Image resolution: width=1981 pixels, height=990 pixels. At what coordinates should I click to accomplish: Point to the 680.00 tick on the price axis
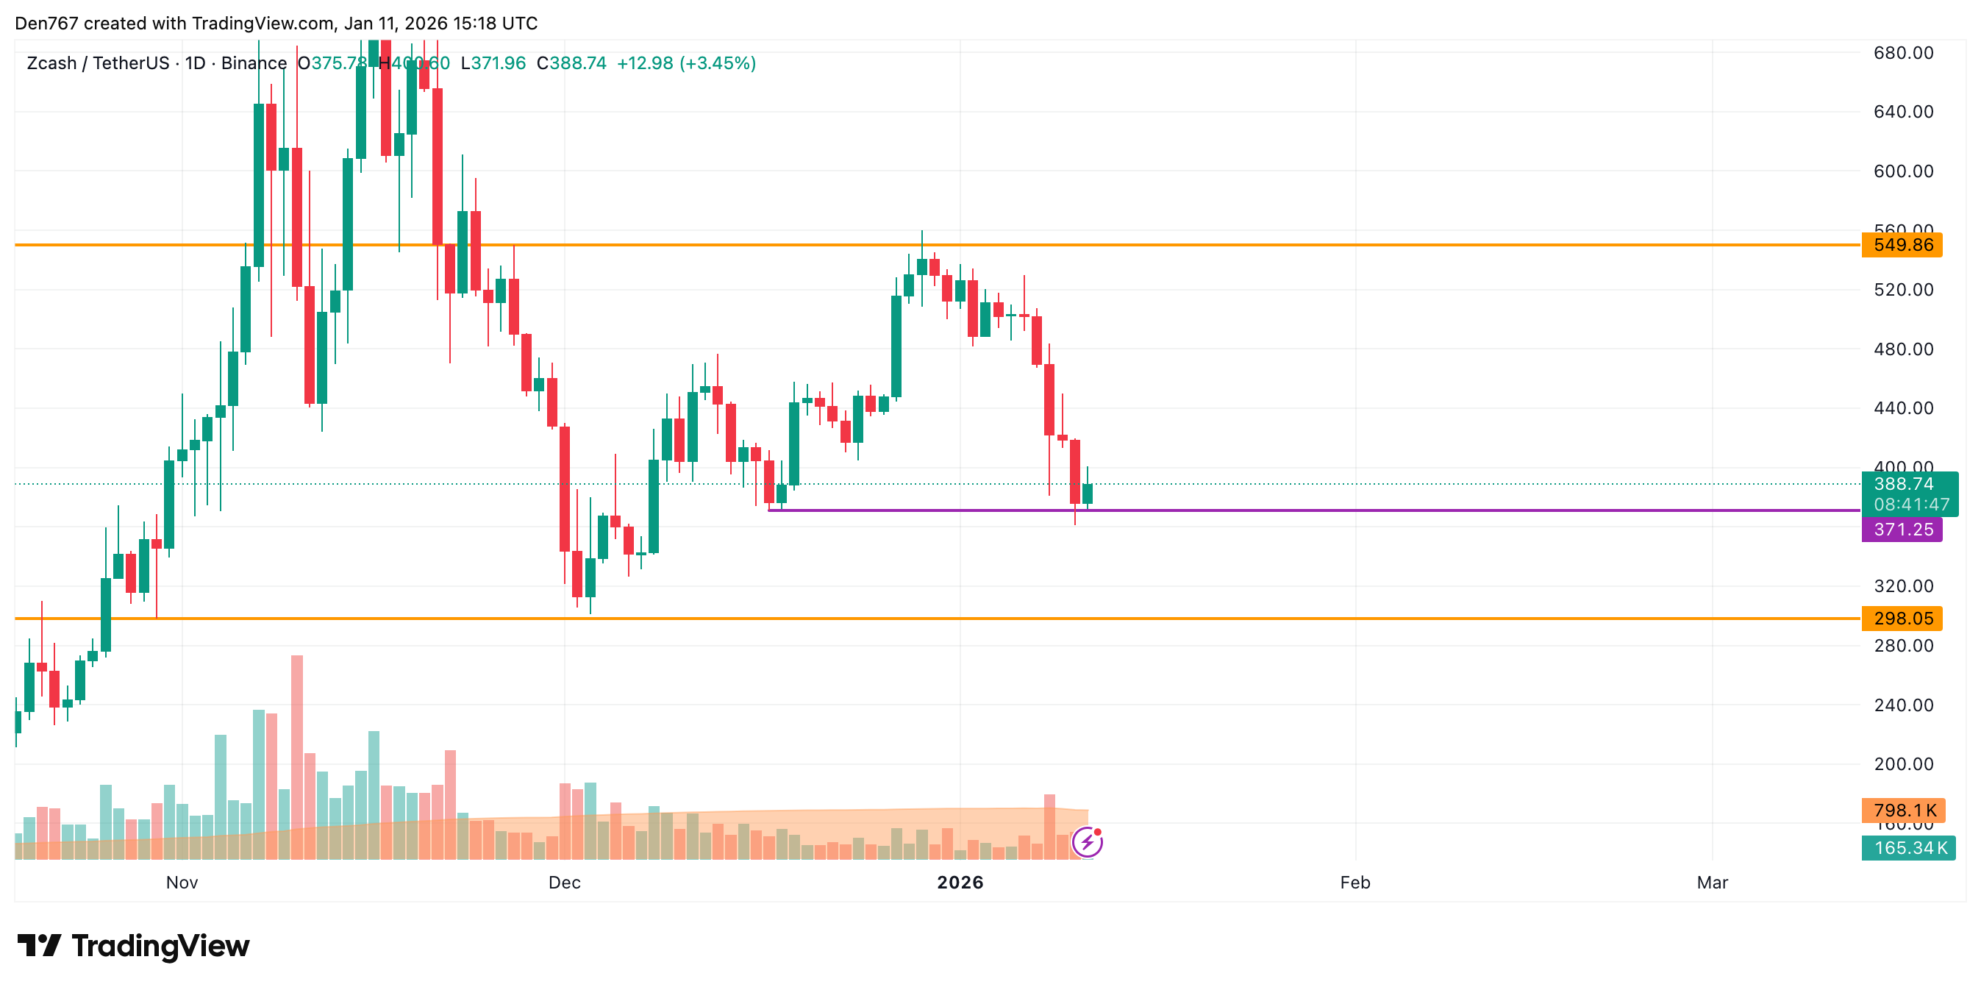(1902, 53)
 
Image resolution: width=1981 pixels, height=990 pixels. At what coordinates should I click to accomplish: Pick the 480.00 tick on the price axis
(1902, 349)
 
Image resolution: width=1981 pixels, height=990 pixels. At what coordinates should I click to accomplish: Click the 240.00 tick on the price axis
(1902, 705)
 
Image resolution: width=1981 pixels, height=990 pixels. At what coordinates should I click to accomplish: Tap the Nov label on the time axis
(182, 883)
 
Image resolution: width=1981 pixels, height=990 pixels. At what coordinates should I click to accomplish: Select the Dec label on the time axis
(565, 883)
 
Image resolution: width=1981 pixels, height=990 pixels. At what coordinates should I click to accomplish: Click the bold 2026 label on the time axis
(960, 883)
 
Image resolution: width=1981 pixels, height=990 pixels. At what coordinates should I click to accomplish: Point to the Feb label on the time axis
(1355, 883)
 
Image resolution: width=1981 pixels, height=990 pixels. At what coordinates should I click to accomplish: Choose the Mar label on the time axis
(1712, 883)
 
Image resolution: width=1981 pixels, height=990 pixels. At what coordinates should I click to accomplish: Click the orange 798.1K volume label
(1902, 810)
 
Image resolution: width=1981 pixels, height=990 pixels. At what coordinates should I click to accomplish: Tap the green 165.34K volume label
(1909, 848)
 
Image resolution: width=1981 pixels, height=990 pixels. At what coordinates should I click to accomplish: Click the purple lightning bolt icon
(1088, 842)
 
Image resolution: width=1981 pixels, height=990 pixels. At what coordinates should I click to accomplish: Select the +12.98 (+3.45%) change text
(686, 63)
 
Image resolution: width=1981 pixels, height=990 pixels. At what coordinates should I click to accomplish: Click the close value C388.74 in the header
(571, 63)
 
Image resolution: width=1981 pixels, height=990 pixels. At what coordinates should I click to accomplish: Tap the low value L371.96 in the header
(493, 63)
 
